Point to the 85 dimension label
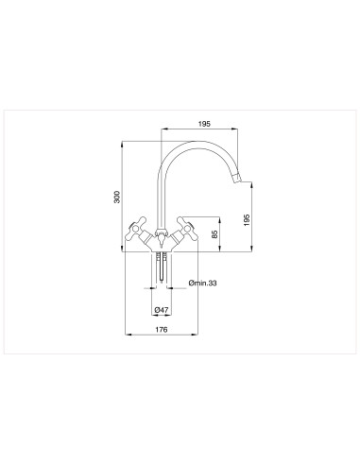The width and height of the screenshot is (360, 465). [x=215, y=233]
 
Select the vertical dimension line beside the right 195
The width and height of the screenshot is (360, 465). [x=254, y=217]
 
